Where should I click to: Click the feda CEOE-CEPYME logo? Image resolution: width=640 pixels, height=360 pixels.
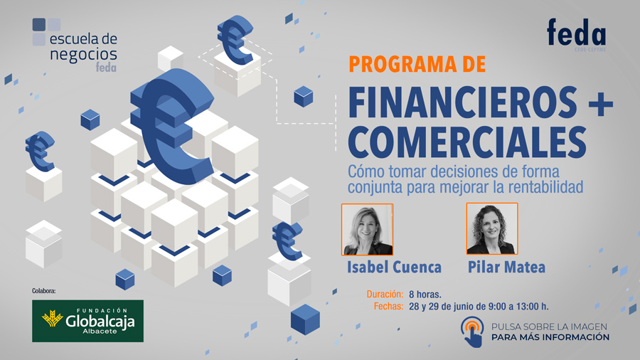pyautogui.click(x=576, y=35)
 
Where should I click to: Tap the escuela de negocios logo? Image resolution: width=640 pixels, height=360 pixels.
pyautogui.click(x=75, y=45)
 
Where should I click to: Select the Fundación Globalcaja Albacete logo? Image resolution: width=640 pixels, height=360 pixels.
pyautogui.click(x=87, y=321)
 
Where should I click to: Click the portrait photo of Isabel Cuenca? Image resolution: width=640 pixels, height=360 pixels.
pyautogui.click(x=368, y=229)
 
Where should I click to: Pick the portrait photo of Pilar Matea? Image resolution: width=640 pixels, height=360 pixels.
pyautogui.click(x=492, y=228)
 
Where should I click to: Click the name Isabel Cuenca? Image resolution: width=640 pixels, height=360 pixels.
pyautogui.click(x=394, y=268)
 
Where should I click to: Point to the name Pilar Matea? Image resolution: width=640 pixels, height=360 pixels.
pyautogui.click(x=506, y=268)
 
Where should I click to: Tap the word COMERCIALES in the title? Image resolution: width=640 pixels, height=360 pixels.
pyautogui.click(x=467, y=141)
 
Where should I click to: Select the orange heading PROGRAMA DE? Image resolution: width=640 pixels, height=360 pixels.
pyautogui.click(x=417, y=64)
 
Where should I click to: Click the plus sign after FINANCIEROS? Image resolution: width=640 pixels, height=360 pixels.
pyautogui.click(x=601, y=103)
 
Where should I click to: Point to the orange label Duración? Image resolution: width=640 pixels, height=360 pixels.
pyautogui.click(x=385, y=295)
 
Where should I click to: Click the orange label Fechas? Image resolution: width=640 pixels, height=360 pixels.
pyautogui.click(x=388, y=306)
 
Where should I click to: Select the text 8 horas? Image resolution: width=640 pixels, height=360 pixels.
pyautogui.click(x=425, y=295)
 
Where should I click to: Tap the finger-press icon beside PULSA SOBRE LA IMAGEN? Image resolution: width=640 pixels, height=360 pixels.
pyautogui.click(x=473, y=332)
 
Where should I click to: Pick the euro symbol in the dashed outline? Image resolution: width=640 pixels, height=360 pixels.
pyautogui.click(x=235, y=40)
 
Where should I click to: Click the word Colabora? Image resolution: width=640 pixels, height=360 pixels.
pyautogui.click(x=43, y=291)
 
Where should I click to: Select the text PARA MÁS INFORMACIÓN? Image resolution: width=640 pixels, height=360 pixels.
pyautogui.click(x=550, y=337)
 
